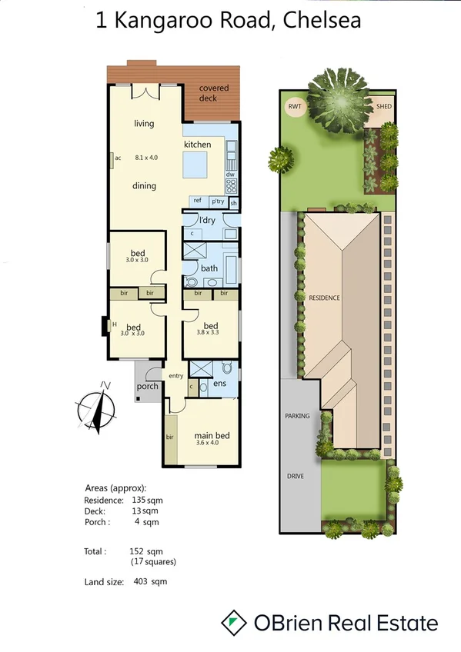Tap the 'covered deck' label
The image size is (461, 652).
213,94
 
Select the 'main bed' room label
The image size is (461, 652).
212,437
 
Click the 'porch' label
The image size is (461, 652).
147,386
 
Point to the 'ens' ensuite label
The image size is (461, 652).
219,383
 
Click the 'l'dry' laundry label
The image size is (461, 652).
207,221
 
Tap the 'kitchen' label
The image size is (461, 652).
197,145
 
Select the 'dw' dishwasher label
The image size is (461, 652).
229,174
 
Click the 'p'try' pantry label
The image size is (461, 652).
218,201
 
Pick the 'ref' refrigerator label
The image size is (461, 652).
197,201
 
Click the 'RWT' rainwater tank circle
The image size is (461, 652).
294,106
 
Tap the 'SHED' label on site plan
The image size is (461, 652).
383,106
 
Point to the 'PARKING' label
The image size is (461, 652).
297,416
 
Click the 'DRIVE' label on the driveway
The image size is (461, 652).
296,476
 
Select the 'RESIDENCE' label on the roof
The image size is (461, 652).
324,298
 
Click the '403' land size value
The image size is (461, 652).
138,582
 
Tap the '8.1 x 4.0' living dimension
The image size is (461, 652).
146,158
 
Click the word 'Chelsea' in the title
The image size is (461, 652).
322,21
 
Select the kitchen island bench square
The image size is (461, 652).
196,164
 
